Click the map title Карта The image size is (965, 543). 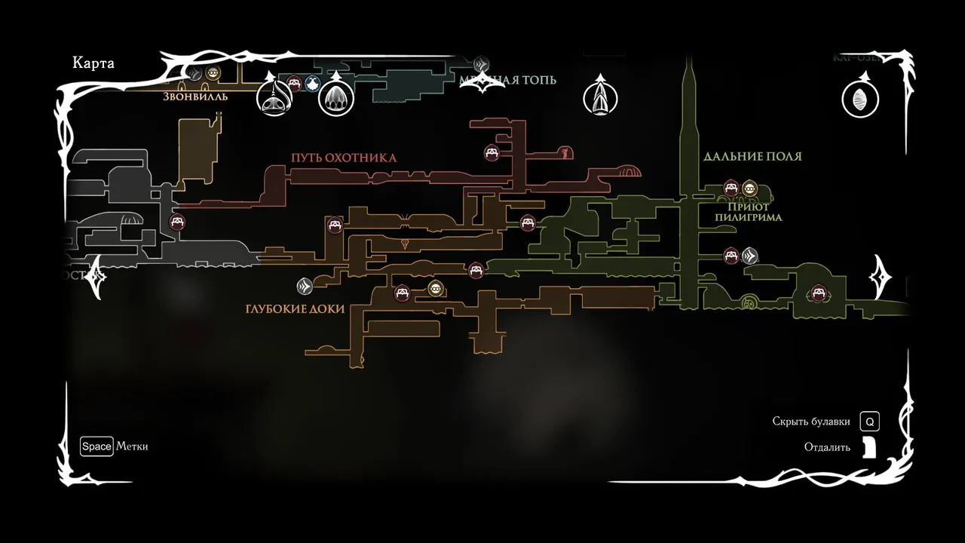coord(93,63)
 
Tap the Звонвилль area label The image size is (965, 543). coord(195,97)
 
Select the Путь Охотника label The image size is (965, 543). coord(344,158)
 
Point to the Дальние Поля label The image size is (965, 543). coord(752,157)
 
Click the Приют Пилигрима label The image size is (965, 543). coord(749,212)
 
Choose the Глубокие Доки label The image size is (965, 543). coord(295,309)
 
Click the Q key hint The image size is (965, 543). coord(870,422)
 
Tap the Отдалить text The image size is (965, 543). coord(827,447)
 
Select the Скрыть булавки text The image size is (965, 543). coord(811,422)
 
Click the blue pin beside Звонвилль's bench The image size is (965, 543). coord(313,84)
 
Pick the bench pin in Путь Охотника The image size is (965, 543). coord(492,153)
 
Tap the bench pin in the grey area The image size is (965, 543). coord(178,222)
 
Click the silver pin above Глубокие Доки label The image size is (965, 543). coord(304,286)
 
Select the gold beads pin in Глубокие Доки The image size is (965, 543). coord(436,288)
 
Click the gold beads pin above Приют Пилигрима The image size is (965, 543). coord(749,188)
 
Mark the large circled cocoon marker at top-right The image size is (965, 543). coord(860,99)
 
